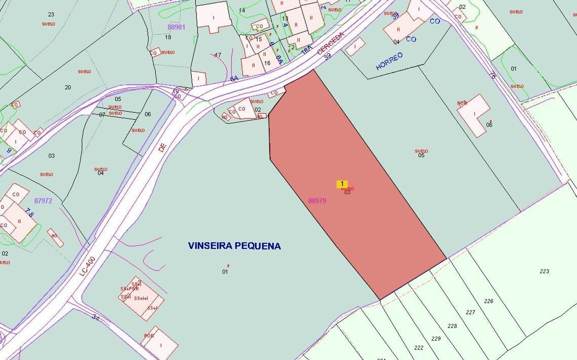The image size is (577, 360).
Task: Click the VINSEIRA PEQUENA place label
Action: point(234,246)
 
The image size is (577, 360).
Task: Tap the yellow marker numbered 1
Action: point(342,184)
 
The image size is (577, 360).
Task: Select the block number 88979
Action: point(317,201)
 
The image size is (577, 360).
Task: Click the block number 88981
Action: point(177,27)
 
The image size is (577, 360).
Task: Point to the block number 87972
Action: point(43,201)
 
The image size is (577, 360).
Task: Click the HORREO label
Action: point(389,61)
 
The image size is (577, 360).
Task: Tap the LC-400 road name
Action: point(87,266)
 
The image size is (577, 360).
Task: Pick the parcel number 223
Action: point(544,271)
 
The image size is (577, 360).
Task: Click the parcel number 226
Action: point(489,301)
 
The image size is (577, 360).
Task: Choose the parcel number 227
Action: point(470,312)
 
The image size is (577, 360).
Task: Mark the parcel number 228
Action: point(452,326)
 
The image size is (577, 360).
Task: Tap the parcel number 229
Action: point(436,338)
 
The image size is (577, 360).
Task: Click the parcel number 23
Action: point(51,15)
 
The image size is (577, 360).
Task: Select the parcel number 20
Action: point(68,87)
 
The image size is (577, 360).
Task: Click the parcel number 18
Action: point(168,37)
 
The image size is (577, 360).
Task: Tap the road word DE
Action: point(162,147)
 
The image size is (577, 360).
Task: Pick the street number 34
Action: point(96,317)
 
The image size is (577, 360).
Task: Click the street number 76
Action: point(492,75)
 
